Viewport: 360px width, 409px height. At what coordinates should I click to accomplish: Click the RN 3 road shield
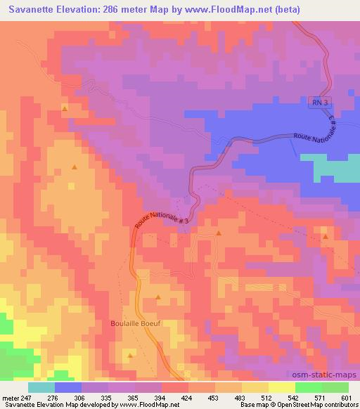(x=320, y=103)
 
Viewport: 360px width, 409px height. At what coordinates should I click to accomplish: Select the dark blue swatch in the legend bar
(x=67, y=387)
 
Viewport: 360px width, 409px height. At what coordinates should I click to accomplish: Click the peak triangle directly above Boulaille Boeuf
(x=158, y=297)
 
